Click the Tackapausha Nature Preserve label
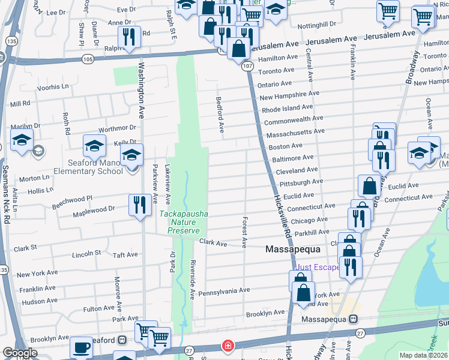click(184, 221)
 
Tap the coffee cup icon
click(81, 347)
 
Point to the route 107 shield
click(247, 67)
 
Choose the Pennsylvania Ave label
click(224, 290)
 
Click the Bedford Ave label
click(220, 114)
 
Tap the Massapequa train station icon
click(354, 319)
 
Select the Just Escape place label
click(318, 268)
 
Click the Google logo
click(20, 353)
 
